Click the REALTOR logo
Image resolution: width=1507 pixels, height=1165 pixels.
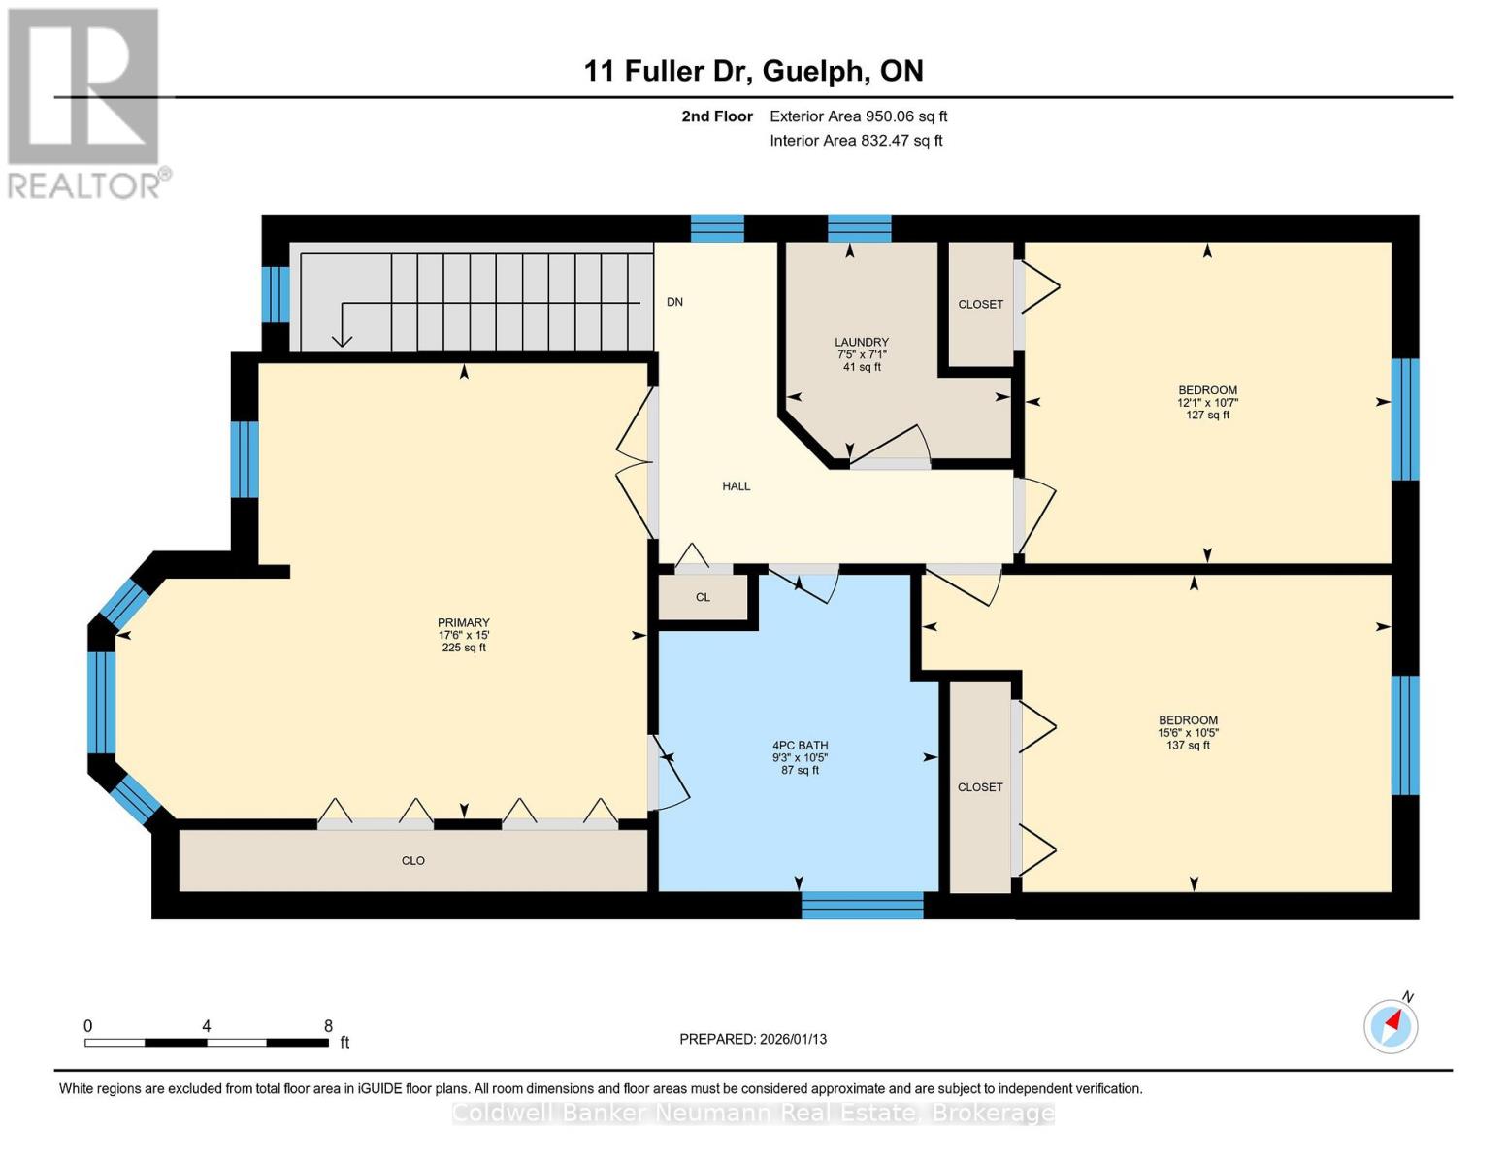[x=85, y=102]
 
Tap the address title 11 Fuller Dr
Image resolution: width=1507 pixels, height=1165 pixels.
[x=753, y=71]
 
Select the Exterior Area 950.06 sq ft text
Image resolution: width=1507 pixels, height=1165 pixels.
[x=858, y=116]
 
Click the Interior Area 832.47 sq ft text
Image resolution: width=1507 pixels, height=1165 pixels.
[x=856, y=141]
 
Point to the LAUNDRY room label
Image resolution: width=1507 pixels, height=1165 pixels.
[x=861, y=342]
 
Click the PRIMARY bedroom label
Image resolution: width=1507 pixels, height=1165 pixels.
[x=463, y=623]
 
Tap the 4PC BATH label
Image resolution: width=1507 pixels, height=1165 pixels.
[x=800, y=746]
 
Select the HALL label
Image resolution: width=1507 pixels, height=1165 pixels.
[x=736, y=486]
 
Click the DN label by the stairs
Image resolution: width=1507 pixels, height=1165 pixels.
[x=674, y=302]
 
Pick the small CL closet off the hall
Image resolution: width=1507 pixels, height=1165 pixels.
[x=703, y=597]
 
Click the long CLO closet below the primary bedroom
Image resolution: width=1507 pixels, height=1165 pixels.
[x=413, y=861]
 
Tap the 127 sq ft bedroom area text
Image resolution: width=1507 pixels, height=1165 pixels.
[x=1207, y=415]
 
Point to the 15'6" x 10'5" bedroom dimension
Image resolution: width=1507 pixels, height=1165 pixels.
[x=1188, y=733]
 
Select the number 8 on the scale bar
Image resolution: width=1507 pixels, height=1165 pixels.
[x=328, y=1026]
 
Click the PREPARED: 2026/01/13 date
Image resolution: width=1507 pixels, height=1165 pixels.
[x=753, y=1039]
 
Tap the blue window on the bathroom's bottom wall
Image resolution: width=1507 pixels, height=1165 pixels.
[x=862, y=905]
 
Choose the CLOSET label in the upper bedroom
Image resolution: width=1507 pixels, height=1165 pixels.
[x=980, y=304]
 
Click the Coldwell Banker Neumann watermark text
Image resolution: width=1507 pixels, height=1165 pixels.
[x=753, y=1113]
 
